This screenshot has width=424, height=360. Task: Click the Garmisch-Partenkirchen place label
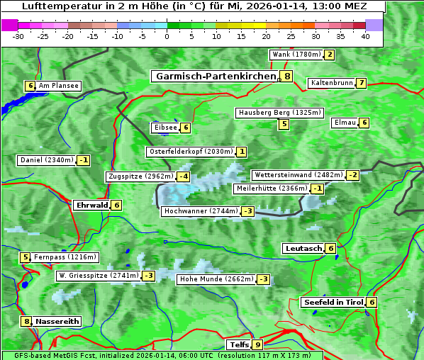[x=214, y=76]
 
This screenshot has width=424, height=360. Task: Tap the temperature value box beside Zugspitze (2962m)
[x=184, y=176]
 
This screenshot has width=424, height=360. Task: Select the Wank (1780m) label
[x=296, y=55]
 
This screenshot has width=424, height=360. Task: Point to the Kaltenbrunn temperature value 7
[x=361, y=83]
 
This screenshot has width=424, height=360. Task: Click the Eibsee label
[x=164, y=128]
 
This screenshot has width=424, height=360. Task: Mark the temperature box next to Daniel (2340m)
[x=84, y=160]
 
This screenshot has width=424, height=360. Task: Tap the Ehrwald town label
[x=91, y=205]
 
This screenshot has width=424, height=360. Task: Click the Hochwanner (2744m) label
[x=201, y=211]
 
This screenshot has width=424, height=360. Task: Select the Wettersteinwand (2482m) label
[x=298, y=175]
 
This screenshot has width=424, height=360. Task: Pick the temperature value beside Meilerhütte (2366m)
[x=318, y=189]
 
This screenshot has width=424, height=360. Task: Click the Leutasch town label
[x=303, y=248]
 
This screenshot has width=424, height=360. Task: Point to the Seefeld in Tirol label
[x=333, y=302]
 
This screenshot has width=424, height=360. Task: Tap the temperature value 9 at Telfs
[x=257, y=345]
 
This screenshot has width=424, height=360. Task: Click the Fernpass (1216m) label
[x=65, y=257]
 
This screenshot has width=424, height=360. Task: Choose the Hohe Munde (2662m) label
[x=216, y=279]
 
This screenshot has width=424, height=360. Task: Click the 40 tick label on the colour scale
[x=365, y=36]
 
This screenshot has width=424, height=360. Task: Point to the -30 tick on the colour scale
[x=18, y=36]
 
